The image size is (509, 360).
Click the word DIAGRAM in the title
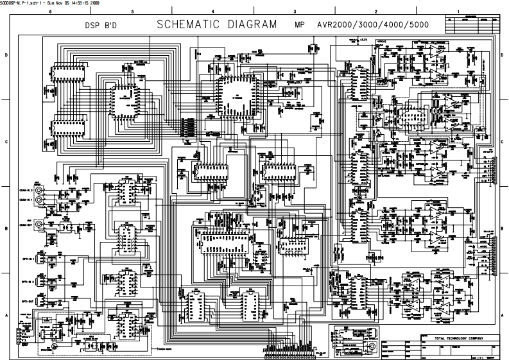pos(251,25)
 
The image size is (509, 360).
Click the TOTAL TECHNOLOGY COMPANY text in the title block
pos(453,338)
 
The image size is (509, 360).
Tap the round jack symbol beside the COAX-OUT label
pos(40,225)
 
